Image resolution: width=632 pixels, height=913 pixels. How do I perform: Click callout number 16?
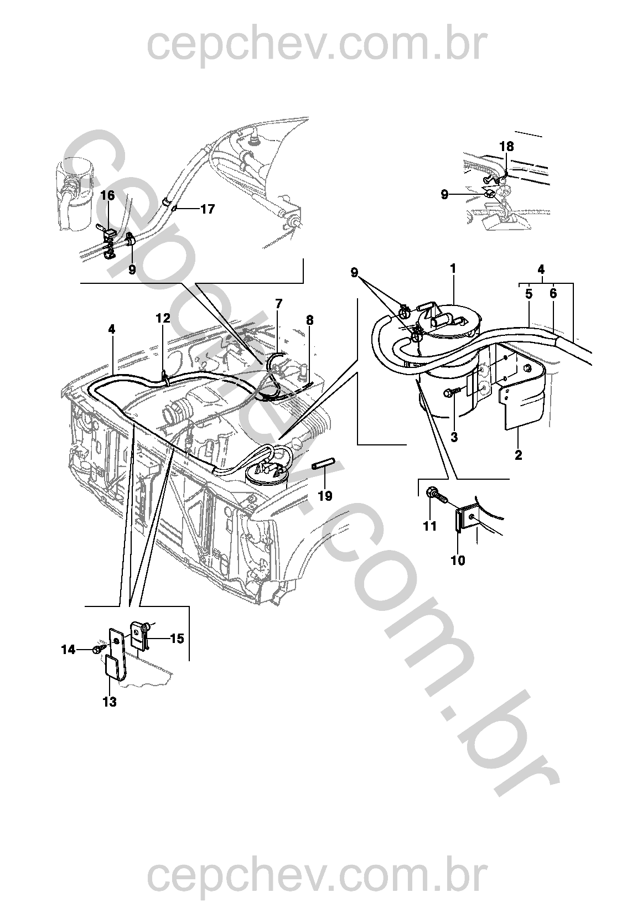tap(108, 196)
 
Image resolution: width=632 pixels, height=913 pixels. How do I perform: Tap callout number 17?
tap(208, 210)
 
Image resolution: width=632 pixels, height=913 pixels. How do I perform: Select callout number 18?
tap(507, 146)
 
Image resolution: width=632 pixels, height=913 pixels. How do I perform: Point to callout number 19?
tap(325, 496)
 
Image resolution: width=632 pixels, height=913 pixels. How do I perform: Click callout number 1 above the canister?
tap(453, 269)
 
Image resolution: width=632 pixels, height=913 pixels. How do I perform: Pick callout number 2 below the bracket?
tap(518, 455)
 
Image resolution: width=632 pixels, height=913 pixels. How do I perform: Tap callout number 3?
tap(454, 437)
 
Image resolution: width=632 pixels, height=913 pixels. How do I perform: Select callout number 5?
tap(529, 294)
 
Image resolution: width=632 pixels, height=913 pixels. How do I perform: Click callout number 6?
tap(553, 294)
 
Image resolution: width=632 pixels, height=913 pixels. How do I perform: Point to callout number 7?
tap(279, 304)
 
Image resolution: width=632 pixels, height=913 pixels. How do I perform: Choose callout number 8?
tap(310, 320)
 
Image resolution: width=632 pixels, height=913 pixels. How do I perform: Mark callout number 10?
tap(458, 561)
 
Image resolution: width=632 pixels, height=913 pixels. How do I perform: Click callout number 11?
tap(430, 526)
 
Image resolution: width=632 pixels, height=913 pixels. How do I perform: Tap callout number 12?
tap(163, 318)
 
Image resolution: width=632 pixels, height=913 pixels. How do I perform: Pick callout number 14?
tap(69, 650)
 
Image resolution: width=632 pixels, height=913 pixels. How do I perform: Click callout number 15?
tap(177, 639)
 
